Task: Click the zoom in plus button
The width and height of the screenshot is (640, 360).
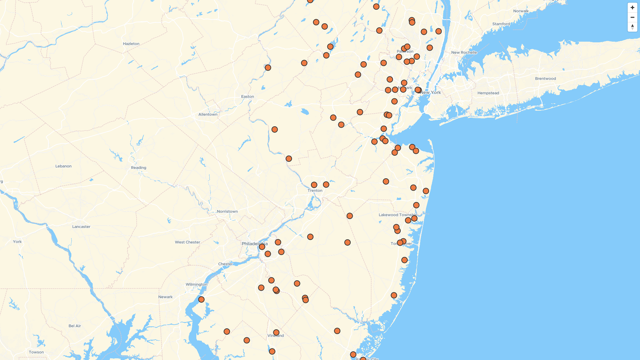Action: tap(632, 8)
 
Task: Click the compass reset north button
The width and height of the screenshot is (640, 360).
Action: tap(632, 27)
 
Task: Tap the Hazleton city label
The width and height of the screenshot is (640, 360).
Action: tap(131, 44)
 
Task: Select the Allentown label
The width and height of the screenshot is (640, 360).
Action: tap(208, 114)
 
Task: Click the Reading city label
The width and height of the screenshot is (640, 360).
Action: tap(138, 168)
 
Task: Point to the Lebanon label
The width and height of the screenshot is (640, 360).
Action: tap(63, 166)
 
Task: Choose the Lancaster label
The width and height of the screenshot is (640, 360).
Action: tap(81, 227)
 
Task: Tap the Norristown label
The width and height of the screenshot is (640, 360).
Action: tap(227, 211)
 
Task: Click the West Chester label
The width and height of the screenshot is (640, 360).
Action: tap(187, 242)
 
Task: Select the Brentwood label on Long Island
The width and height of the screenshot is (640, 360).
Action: tap(545, 79)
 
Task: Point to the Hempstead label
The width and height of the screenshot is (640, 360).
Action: tap(488, 93)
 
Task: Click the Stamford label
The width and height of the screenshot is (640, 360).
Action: tap(501, 24)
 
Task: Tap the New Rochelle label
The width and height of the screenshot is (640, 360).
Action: tap(464, 52)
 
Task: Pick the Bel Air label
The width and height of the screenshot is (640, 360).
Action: tap(75, 326)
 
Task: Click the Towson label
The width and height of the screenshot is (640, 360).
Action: tap(36, 352)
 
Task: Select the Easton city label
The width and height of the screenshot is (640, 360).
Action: tap(247, 97)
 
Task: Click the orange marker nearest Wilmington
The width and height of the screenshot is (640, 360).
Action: tap(201, 299)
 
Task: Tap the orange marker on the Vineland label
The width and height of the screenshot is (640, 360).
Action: tap(276, 332)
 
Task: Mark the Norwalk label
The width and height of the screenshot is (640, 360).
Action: tap(521, 11)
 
